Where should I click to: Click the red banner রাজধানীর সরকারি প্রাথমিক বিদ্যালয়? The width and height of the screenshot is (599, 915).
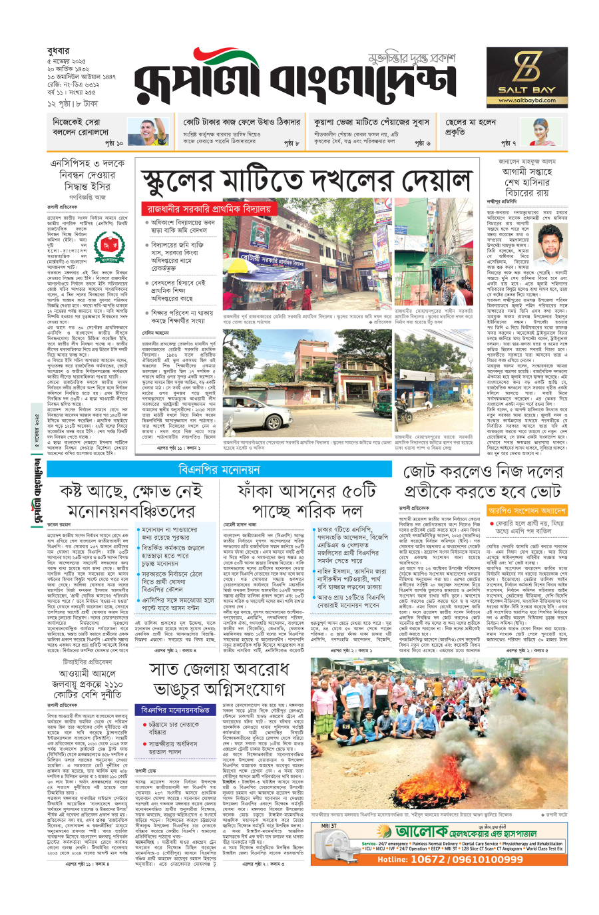coord(209,208)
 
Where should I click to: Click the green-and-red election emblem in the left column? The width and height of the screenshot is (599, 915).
coord(110,250)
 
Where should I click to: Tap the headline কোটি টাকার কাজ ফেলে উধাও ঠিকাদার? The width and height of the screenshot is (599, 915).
coord(242,122)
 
